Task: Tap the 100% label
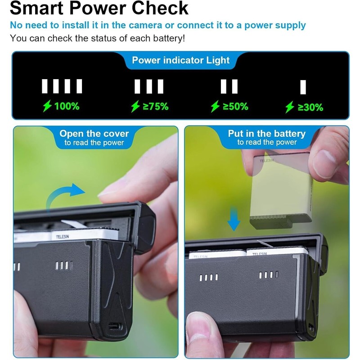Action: click(67, 107)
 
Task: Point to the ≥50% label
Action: click(235, 107)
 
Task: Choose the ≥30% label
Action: click(310, 107)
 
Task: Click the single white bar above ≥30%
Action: click(303, 86)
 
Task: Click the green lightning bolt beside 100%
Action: click(47, 106)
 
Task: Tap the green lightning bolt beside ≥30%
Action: click(290, 107)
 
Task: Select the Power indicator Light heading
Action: click(180, 60)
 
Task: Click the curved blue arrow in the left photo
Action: click(66, 195)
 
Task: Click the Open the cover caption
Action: click(94, 134)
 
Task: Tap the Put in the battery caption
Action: click(266, 134)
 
